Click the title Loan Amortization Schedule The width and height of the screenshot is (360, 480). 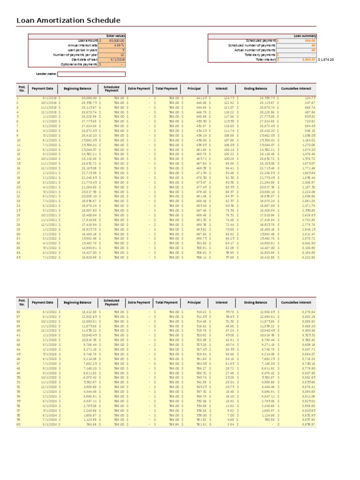[68, 21]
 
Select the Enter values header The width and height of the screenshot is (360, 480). [115, 36]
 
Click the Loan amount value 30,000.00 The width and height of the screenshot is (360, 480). [115, 41]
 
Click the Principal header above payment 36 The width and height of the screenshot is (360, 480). [194, 302]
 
